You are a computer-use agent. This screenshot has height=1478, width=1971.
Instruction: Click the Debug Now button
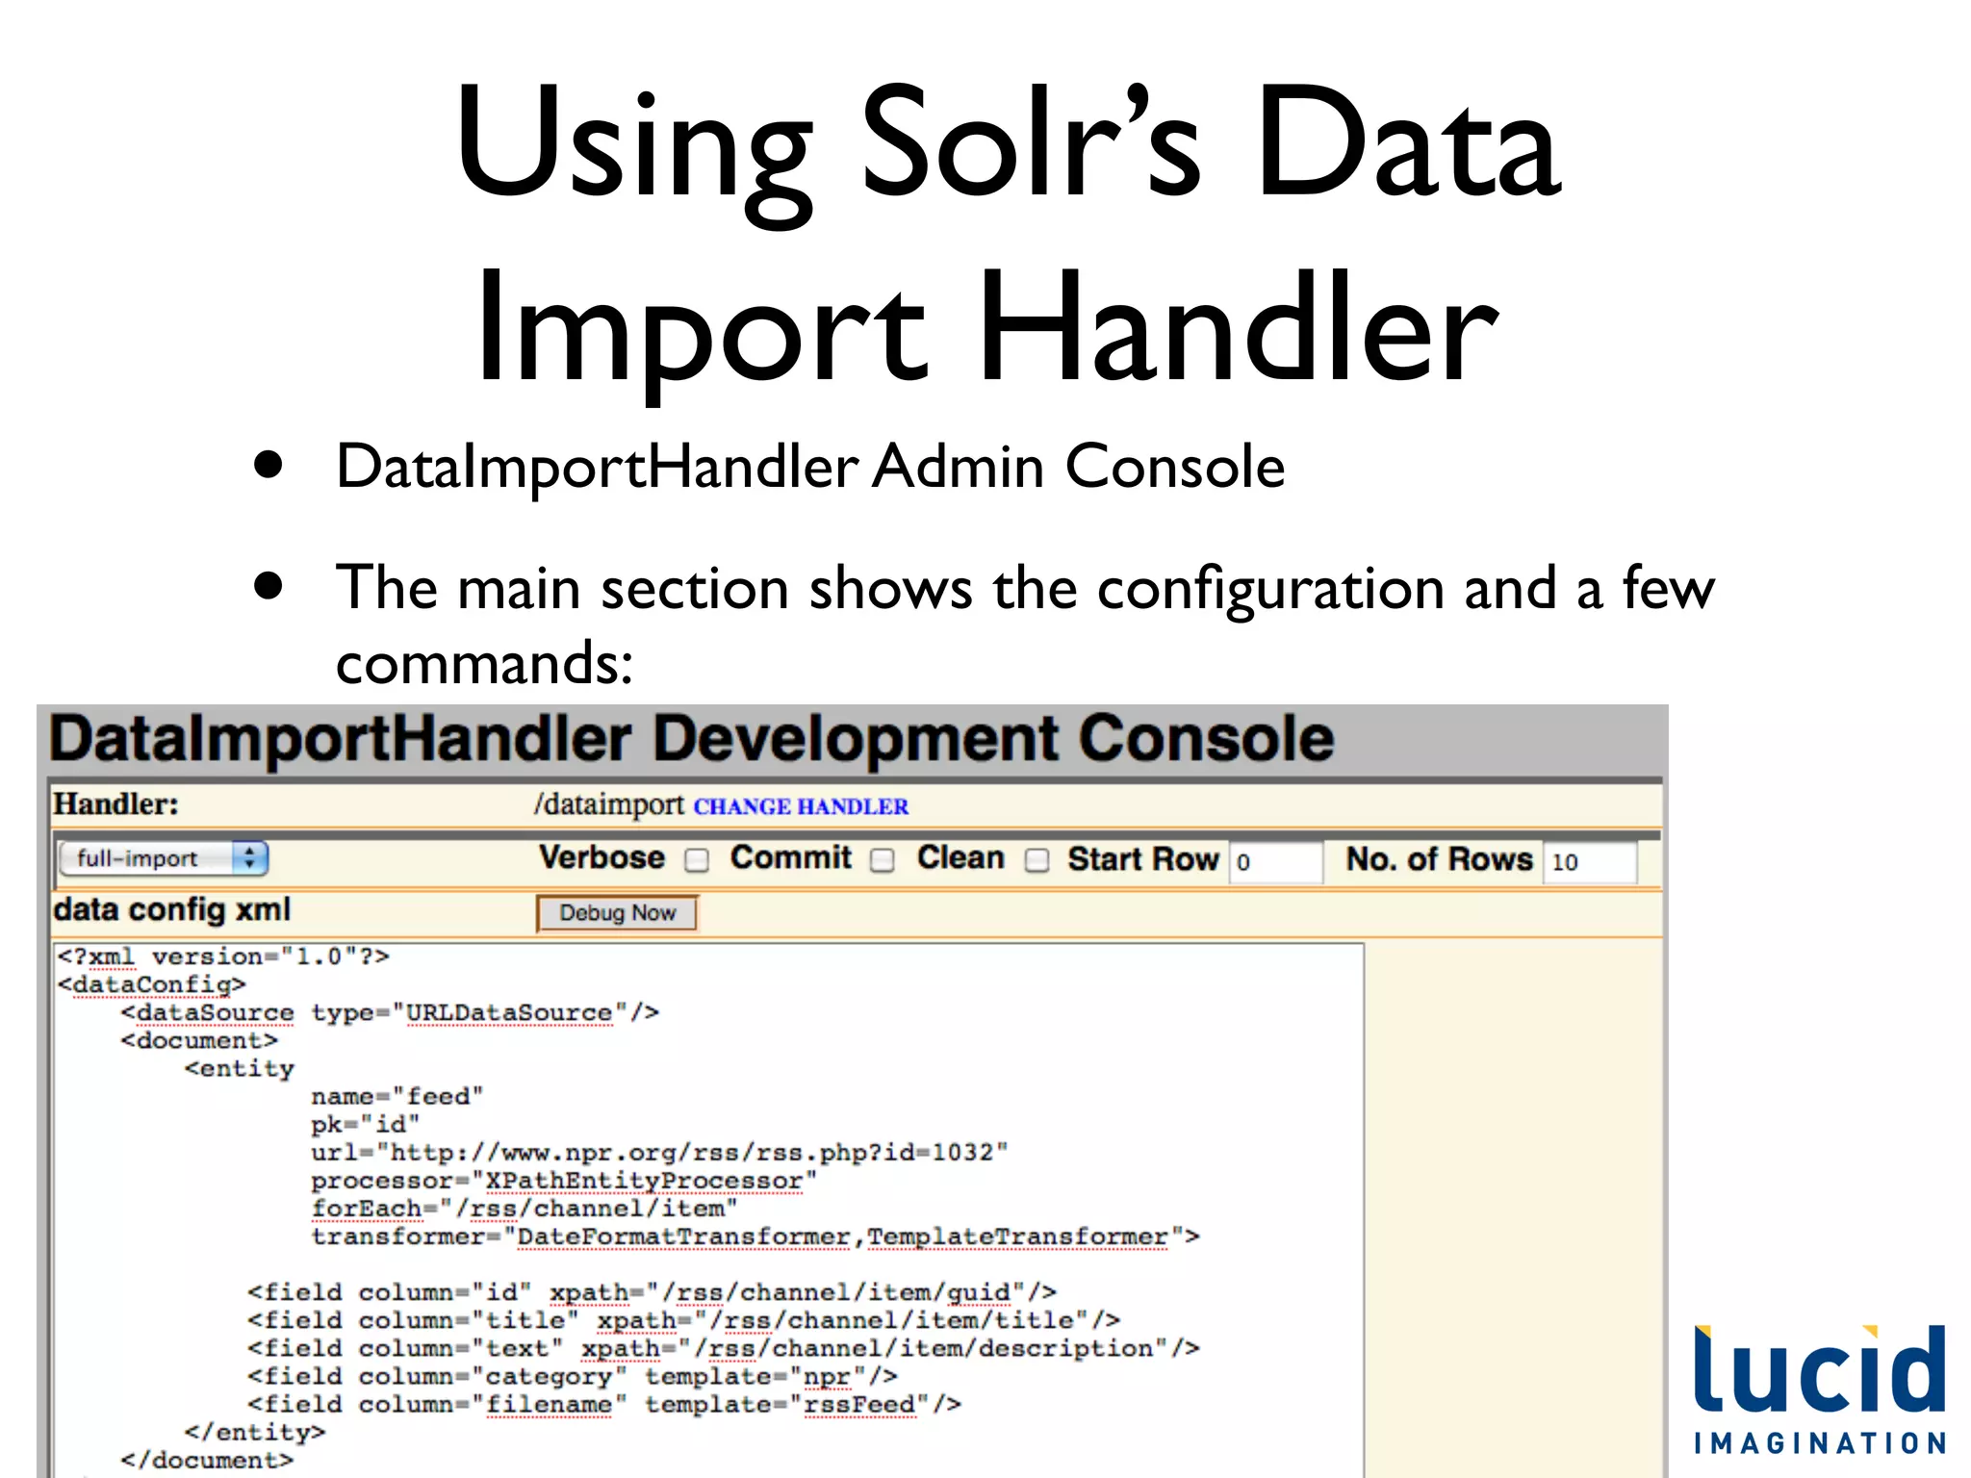[617, 913]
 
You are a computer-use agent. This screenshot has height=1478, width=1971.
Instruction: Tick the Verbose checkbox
[697, 860]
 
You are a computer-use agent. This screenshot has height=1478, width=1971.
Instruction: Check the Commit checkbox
[882, 860]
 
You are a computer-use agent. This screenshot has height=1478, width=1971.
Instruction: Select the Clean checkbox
[1037, 860]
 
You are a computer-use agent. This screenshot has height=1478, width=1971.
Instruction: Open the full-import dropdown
[163, 858]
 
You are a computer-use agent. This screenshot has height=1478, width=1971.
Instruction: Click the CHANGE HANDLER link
[801, 806]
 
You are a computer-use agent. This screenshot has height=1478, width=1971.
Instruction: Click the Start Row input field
[1276, 861]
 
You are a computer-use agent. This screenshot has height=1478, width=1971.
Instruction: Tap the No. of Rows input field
[1589, 861]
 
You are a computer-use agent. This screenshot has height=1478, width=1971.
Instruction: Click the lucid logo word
[1819, 1370]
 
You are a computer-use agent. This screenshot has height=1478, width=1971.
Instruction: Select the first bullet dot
[269, 466]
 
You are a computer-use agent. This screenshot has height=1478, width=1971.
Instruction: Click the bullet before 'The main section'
[269, 585]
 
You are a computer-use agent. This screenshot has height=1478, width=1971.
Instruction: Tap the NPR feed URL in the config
[692, 1153]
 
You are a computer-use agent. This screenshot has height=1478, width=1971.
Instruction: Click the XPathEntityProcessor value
[644, 1181]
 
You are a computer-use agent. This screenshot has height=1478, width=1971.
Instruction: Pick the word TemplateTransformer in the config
[1017, 1236]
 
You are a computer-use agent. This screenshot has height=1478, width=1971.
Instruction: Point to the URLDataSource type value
[509, 1013]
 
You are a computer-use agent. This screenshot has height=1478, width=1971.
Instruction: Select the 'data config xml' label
[172, 910]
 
